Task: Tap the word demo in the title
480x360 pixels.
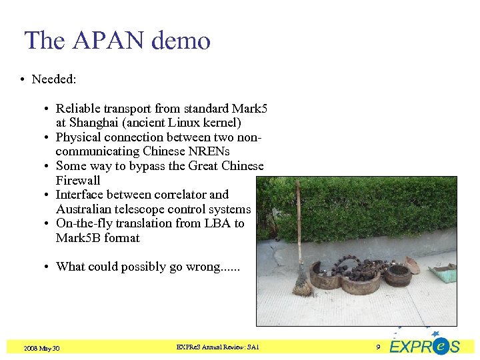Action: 181,41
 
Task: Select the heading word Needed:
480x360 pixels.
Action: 54,79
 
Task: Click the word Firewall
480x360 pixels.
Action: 78,181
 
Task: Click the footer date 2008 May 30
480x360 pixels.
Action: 41,348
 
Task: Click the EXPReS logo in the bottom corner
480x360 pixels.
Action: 425,345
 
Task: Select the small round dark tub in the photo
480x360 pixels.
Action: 398,274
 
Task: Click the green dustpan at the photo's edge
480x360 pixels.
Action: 443,271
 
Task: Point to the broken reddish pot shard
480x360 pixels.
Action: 413,264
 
